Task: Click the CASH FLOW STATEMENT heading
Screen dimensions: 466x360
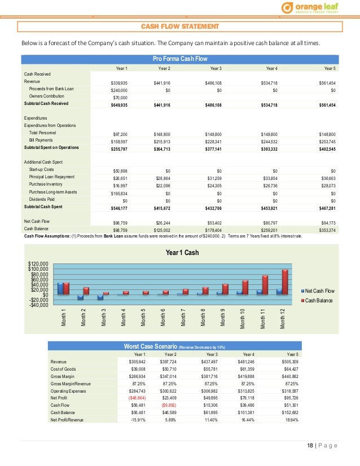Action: pyautogui.click(x=180, y=27)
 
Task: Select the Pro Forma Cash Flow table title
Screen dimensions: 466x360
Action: pyautogui.click(x=180, y=59)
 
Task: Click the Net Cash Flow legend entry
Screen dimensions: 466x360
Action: pyautogui.click(x=319, y=291)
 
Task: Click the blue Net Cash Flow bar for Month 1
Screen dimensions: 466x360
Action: pyautogui.click(x=61, y=288)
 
